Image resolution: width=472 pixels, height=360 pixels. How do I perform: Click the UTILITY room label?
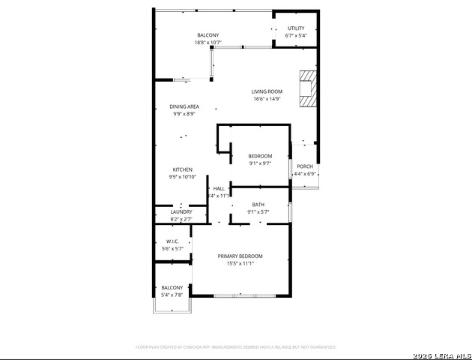(296, 28)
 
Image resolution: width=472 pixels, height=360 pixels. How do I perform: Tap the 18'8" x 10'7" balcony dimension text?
(208, 43)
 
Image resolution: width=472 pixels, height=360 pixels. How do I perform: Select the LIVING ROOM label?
(266, 91)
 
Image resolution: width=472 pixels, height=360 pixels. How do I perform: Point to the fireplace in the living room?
(306, 88)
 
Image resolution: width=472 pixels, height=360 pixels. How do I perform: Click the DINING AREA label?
(184, 106)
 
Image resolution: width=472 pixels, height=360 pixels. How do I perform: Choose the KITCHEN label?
(183, 169)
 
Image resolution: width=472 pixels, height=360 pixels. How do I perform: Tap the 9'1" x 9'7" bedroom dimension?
(260, 163)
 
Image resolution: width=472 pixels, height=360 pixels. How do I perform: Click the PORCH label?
(305, 166)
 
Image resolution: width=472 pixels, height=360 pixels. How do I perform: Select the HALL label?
(219, 188)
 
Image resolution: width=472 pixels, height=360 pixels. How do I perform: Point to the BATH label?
(258, 205)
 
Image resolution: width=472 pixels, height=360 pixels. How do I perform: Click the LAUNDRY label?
(181, 212)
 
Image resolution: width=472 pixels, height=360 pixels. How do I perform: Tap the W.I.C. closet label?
(172, 241)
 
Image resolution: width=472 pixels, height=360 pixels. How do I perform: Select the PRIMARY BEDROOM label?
(240, 256)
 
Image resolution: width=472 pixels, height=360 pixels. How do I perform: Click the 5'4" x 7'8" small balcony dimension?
(172, 295)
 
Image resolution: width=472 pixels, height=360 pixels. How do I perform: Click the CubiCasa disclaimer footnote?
(236, 347)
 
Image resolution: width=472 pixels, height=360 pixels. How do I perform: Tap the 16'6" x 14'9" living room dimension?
(266, 99)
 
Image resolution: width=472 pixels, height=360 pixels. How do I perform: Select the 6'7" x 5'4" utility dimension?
(296, 36)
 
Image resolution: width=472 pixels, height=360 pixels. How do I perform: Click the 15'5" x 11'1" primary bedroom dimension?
(240, 264)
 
